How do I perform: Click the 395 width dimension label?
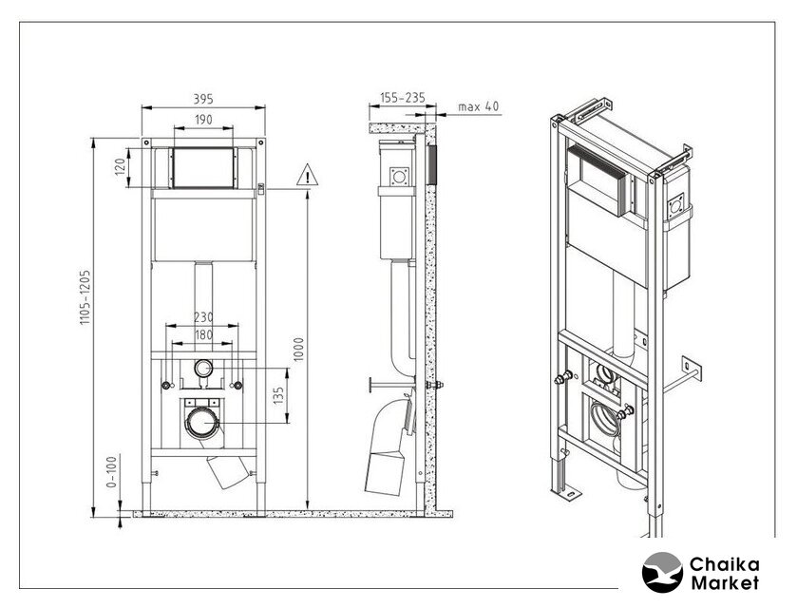pyautogui.click(x=203, y=99)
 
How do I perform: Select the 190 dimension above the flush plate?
pyautogui.click(x=203, y=120)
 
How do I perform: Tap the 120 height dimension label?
pyautogui.click(x=120, y=167)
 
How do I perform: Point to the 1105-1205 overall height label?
pyautogui.click(x=85, y=297)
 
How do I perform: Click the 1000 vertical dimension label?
pyautogui.click(x=298, y=350)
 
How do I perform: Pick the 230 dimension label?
pyautogui.click(x=203, y=317)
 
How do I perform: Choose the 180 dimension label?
pyautogui.click(x=203, y=335)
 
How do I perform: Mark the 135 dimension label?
pyautogui.click(x=278, y=395)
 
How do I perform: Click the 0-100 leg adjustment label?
pyautogui.click(x=111, y=471)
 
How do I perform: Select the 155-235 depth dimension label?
pyautogui.click(x=403, y=98)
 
